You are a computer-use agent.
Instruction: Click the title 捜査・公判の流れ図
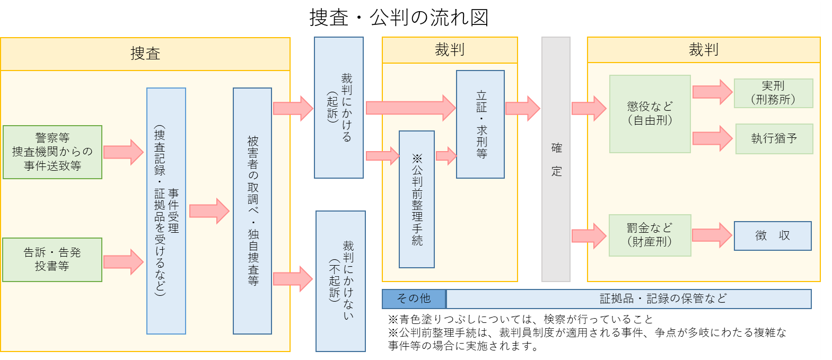pos(399,18)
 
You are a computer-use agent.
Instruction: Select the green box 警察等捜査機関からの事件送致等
pos(52,152)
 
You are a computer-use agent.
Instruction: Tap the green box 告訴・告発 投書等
pos(52,259)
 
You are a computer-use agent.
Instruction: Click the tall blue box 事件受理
pos(166,211)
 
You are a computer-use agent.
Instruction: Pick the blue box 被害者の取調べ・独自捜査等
pos(252,211)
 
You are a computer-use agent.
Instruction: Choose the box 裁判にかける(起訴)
pos(339,108)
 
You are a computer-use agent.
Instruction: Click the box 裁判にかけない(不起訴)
pos(340,281)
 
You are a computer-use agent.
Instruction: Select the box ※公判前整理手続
pos(417,199)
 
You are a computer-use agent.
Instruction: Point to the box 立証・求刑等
pos(480,125)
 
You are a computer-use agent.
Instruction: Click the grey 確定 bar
pos(556,159)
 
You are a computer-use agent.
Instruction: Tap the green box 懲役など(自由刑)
pos(650,114)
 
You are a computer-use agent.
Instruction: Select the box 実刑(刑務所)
pos(773,93)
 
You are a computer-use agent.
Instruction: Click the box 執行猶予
pos(774,139)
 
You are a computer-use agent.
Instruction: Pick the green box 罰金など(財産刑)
pos(650,235)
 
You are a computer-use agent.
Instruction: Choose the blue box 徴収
pos(773,236)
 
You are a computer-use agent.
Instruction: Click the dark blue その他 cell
pos(414,299)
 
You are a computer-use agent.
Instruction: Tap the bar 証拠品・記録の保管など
pos(629,299)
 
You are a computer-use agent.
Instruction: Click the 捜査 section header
pos(145,54)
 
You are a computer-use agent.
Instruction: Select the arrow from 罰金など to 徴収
pos(712,235)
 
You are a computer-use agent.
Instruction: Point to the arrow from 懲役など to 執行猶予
pos(712,138)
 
